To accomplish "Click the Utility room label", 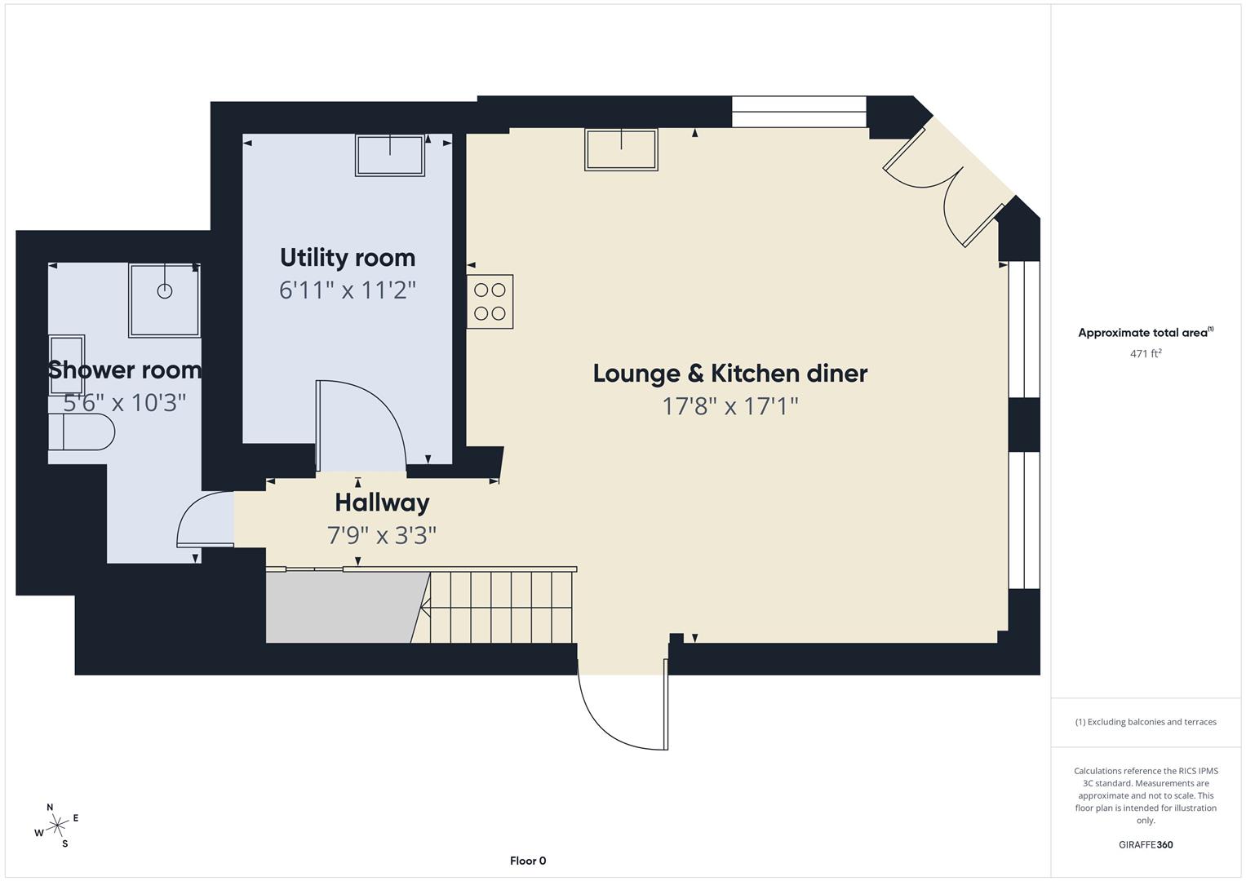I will pos(348,258).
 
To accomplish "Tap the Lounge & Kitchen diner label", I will pos(729,374).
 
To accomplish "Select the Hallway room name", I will pos(382,502).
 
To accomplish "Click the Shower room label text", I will pos(124,370).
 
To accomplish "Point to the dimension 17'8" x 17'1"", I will pos(729,406).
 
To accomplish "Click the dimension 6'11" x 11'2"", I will pos(348,290).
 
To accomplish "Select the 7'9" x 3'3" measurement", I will pos(382,536).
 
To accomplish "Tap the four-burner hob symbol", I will pos(490,302).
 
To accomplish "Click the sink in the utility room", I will pos(390,154).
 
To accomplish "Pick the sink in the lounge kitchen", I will pos(621,149).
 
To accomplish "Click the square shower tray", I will pos(165,299).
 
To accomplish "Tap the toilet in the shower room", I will pos(81,432).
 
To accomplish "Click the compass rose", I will pos(57,826).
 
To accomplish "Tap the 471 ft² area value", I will pos(1146,353).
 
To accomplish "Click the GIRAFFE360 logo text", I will pos(1146,844).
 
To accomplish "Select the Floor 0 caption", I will pos(528,861).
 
